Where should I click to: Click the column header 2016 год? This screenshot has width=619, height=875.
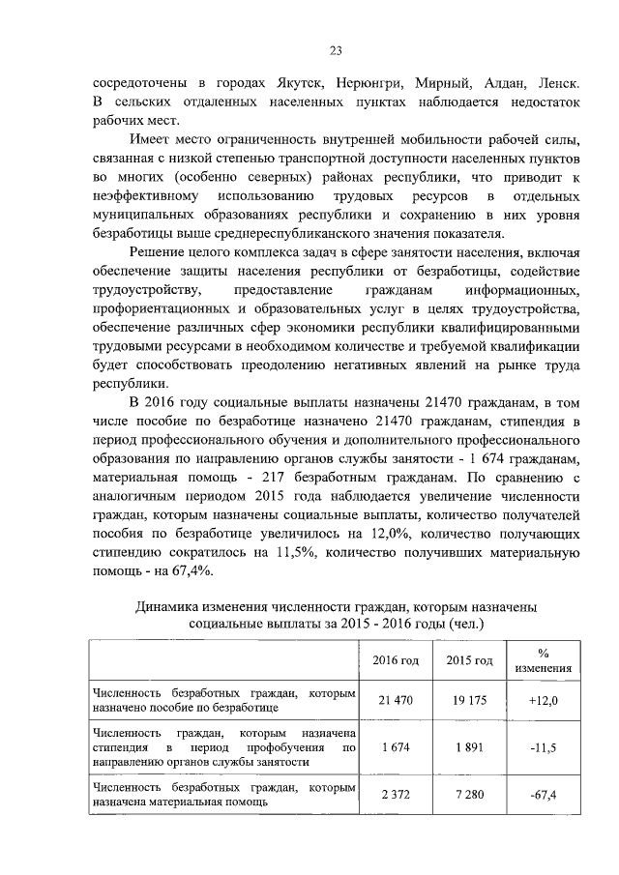tap(396, 660)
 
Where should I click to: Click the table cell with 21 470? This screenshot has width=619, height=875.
tap(396, 700)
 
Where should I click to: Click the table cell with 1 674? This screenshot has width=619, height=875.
tap(396, 747)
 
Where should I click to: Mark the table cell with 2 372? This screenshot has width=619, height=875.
tap(396, 795)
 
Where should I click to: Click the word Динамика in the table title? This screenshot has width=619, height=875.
tap(171, 605)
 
